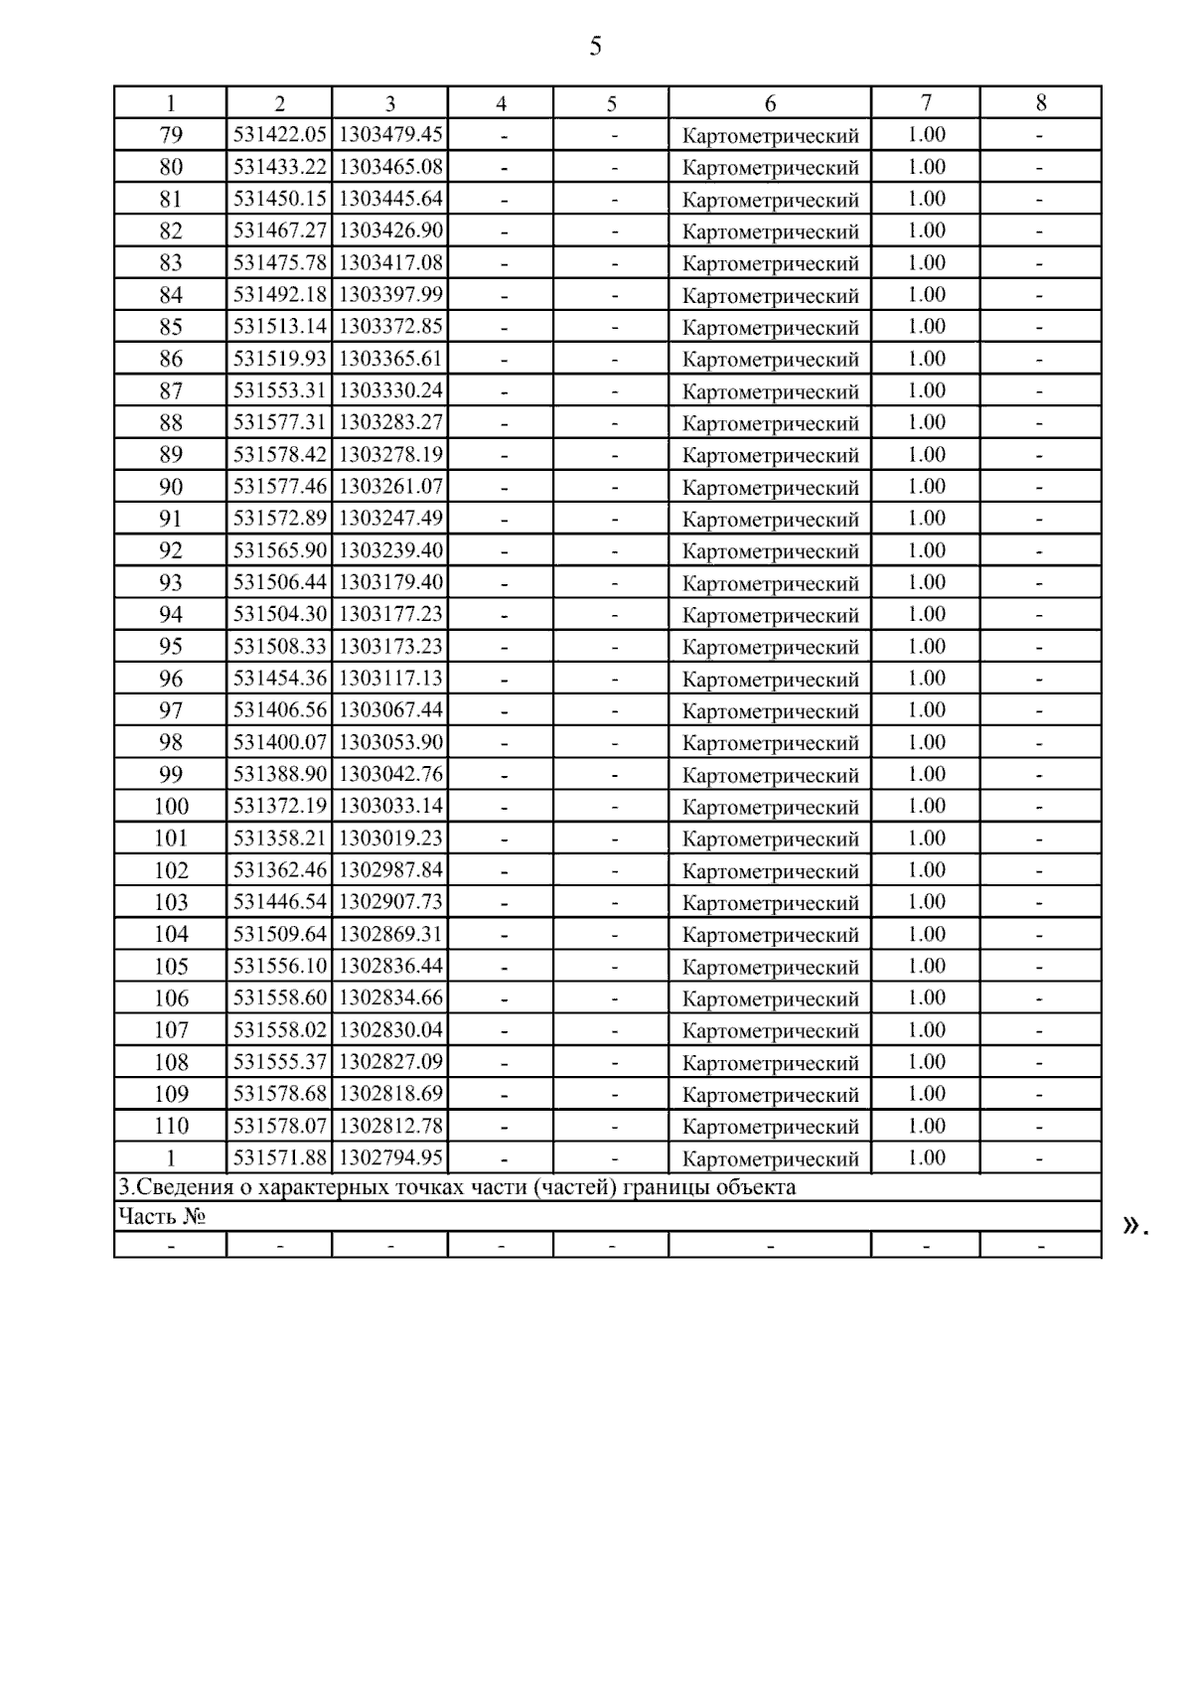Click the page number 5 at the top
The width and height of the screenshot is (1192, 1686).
tap(595, 46)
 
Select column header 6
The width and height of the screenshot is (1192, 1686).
tap(770, 103)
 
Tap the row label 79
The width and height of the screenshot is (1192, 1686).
tap(171, 135)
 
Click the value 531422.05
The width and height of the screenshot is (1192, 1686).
tap(280, 135)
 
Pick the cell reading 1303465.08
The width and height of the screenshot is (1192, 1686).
tap(390, 167)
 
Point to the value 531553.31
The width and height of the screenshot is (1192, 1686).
tap(280, 390)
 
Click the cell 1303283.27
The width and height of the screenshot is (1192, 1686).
tap(390, 422)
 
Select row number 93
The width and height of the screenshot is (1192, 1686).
tap(171, 582)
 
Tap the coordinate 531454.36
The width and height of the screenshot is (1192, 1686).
tap(280, 679)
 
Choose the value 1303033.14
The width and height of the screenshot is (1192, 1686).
tap(390, 806)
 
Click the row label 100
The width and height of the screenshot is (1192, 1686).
tap(171, 806)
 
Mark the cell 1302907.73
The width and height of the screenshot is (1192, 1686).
tap(390, 902)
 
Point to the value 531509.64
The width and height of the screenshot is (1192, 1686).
tap(280, 934)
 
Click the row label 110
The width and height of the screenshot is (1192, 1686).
tap(171, 1126)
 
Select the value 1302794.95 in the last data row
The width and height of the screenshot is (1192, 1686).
tap(390, 1157)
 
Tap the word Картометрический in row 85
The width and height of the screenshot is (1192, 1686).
tap(770, 328)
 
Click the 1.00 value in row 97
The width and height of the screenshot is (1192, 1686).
tap(926, 710)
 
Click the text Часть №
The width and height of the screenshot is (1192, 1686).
tap(162, 1216)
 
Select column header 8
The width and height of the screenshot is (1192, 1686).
tap(1040, 103)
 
